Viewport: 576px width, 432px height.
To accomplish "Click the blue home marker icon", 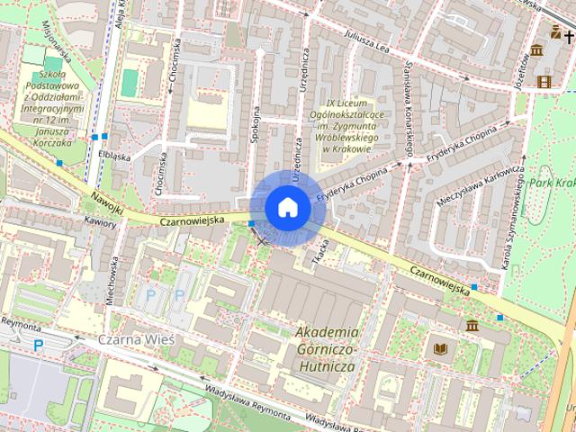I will (287, 207).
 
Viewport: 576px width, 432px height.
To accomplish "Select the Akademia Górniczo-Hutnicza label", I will (327, 349).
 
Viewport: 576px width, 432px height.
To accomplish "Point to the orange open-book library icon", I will (440, 348).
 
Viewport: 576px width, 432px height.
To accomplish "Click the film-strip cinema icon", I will (544, 81).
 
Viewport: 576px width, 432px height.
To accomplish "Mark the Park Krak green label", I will (551, 182).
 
